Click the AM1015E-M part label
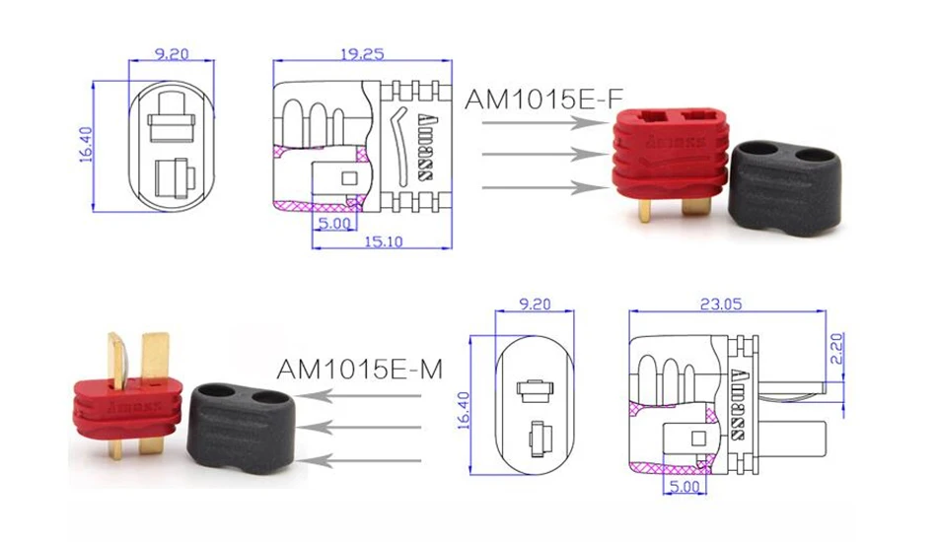pos(359,370)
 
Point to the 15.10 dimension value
pos(383,240)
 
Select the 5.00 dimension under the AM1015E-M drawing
pos(686,486)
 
